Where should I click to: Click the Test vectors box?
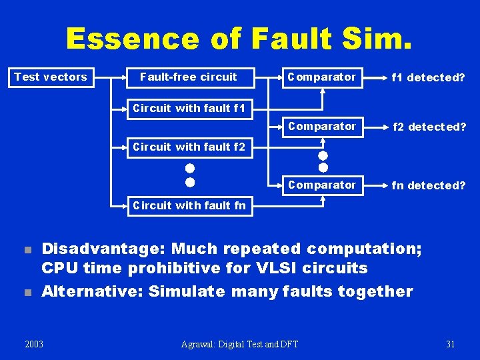[x=51, y=77]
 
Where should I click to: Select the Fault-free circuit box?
[x=188, y=77]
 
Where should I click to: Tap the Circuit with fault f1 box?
[x=189, y=108]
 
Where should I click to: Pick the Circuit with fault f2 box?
[x=189, y=147]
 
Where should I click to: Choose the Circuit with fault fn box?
[x=189, y=205]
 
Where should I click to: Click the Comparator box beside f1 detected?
[x=322, y=77]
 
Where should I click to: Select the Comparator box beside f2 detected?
[x=322, y=127]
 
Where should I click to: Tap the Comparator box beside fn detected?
[x=322, y=185]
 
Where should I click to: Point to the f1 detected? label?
[x=428, y=78]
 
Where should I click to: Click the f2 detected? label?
[x=429, y=127]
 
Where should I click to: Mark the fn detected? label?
[x=429, y=185]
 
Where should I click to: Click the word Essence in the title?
[x=132, y=39]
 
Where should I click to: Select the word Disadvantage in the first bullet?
[x=101, y=249]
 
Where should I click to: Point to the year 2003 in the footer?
[x=34, y=344]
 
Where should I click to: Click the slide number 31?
[x=450, y=344]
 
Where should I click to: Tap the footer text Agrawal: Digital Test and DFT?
[x=240, y=344]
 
